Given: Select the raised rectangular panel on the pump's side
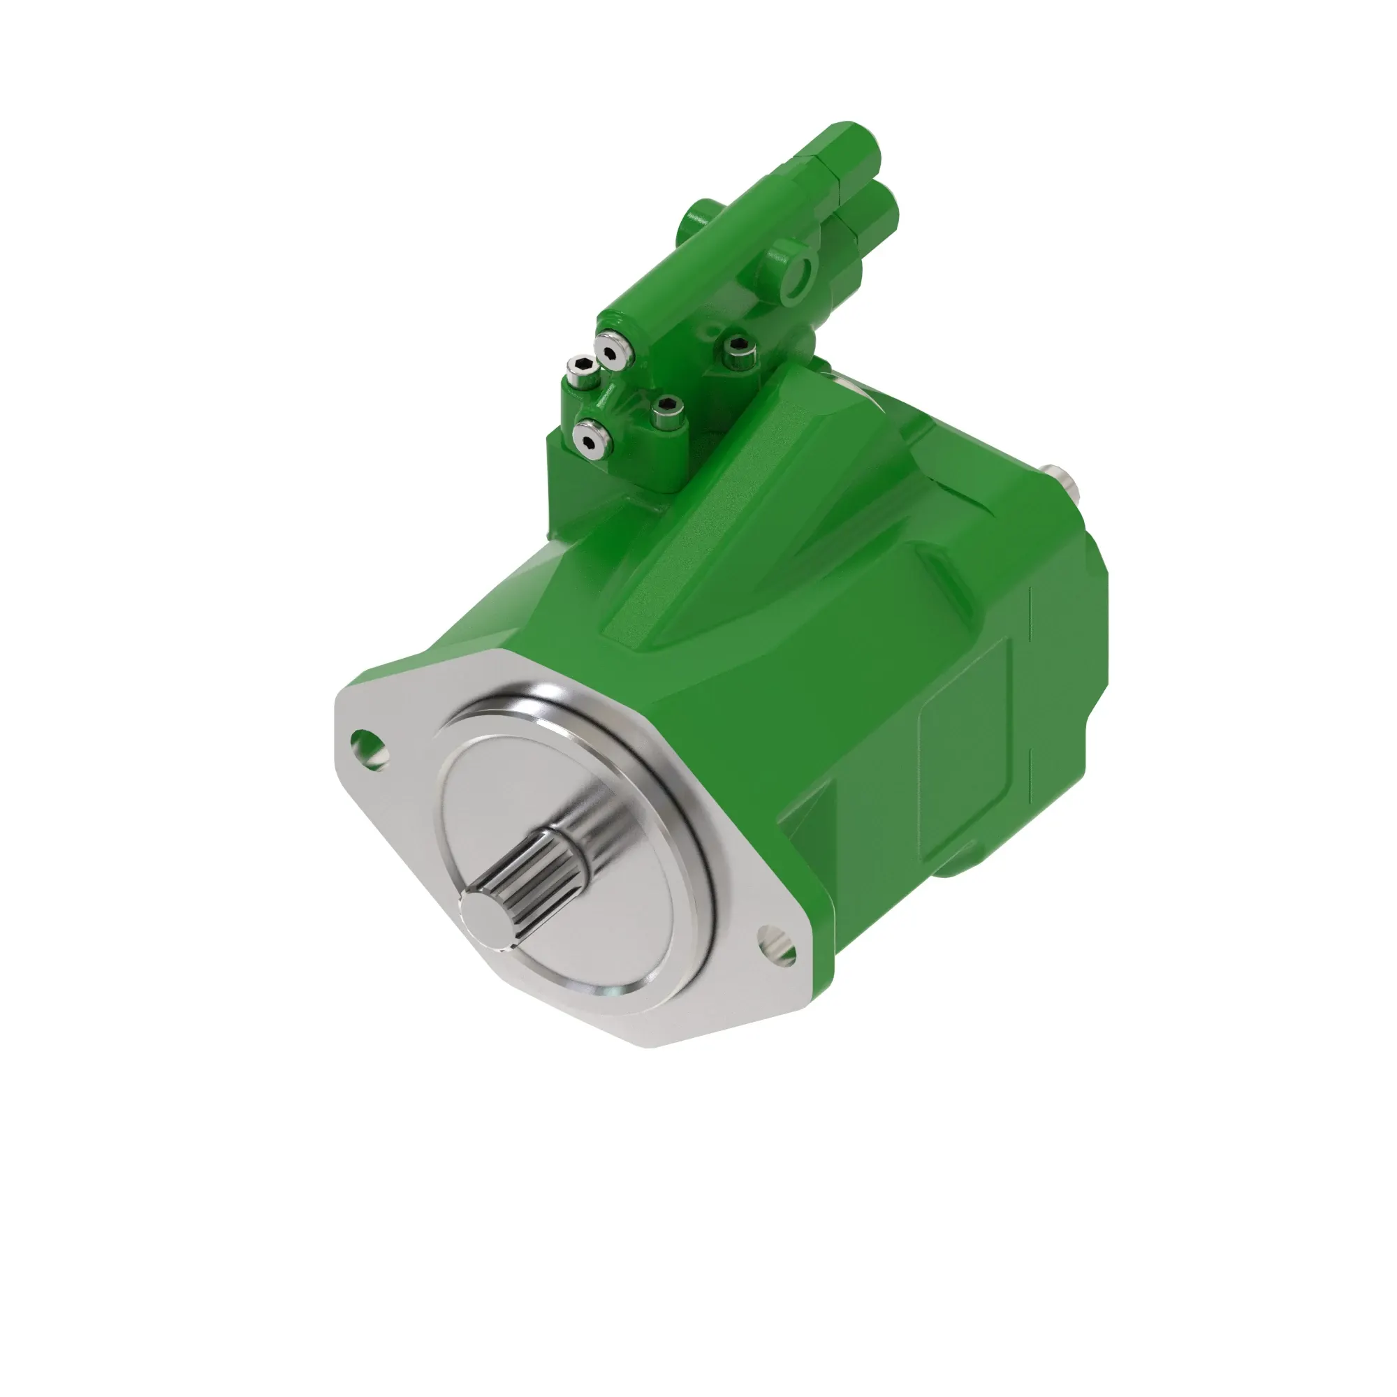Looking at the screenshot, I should click(x=965, y=748).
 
